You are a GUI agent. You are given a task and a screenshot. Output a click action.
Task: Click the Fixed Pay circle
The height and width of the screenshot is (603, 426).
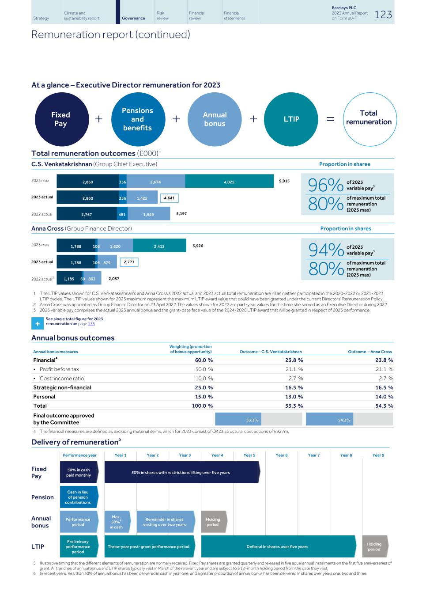(x=61, y=119)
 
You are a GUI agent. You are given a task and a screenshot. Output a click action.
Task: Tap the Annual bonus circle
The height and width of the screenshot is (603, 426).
(x=215, y=119)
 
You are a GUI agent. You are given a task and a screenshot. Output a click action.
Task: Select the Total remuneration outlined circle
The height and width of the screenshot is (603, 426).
(x=369, y=118)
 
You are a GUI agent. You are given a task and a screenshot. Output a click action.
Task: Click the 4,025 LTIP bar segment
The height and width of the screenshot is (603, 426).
(x=229, y=182)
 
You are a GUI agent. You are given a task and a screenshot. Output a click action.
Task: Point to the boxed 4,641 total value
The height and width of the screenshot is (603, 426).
(x=169, y=198)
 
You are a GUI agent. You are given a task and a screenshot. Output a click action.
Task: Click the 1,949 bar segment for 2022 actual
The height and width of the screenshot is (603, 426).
(x=148, y=214)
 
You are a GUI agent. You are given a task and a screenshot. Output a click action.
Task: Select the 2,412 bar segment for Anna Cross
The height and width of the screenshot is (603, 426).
(x=159, y=246)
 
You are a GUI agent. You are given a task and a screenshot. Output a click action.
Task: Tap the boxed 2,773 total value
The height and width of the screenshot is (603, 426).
(x=129, y=262)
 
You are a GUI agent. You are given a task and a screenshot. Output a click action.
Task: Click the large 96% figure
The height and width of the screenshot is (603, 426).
(x=325, y=186)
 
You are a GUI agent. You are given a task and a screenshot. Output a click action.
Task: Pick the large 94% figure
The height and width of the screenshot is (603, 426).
(x=326, y=250)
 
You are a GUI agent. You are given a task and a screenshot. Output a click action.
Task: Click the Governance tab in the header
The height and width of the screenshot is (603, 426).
(x=133, y=18)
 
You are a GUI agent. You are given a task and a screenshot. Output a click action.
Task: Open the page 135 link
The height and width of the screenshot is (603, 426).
(x=91, y=324)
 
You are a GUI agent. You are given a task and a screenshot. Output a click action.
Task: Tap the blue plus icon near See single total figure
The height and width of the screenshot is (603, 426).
(x=38, y=324)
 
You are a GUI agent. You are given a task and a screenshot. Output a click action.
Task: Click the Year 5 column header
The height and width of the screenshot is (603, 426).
(x=249, y=455)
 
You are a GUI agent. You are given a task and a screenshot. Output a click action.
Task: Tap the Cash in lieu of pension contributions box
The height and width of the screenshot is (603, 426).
(x=78, y=497)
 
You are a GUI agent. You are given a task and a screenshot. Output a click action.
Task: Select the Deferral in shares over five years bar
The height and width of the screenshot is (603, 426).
(x=278, y=547)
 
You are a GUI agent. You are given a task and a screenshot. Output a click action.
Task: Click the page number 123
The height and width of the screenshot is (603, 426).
(x=383, y=15)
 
